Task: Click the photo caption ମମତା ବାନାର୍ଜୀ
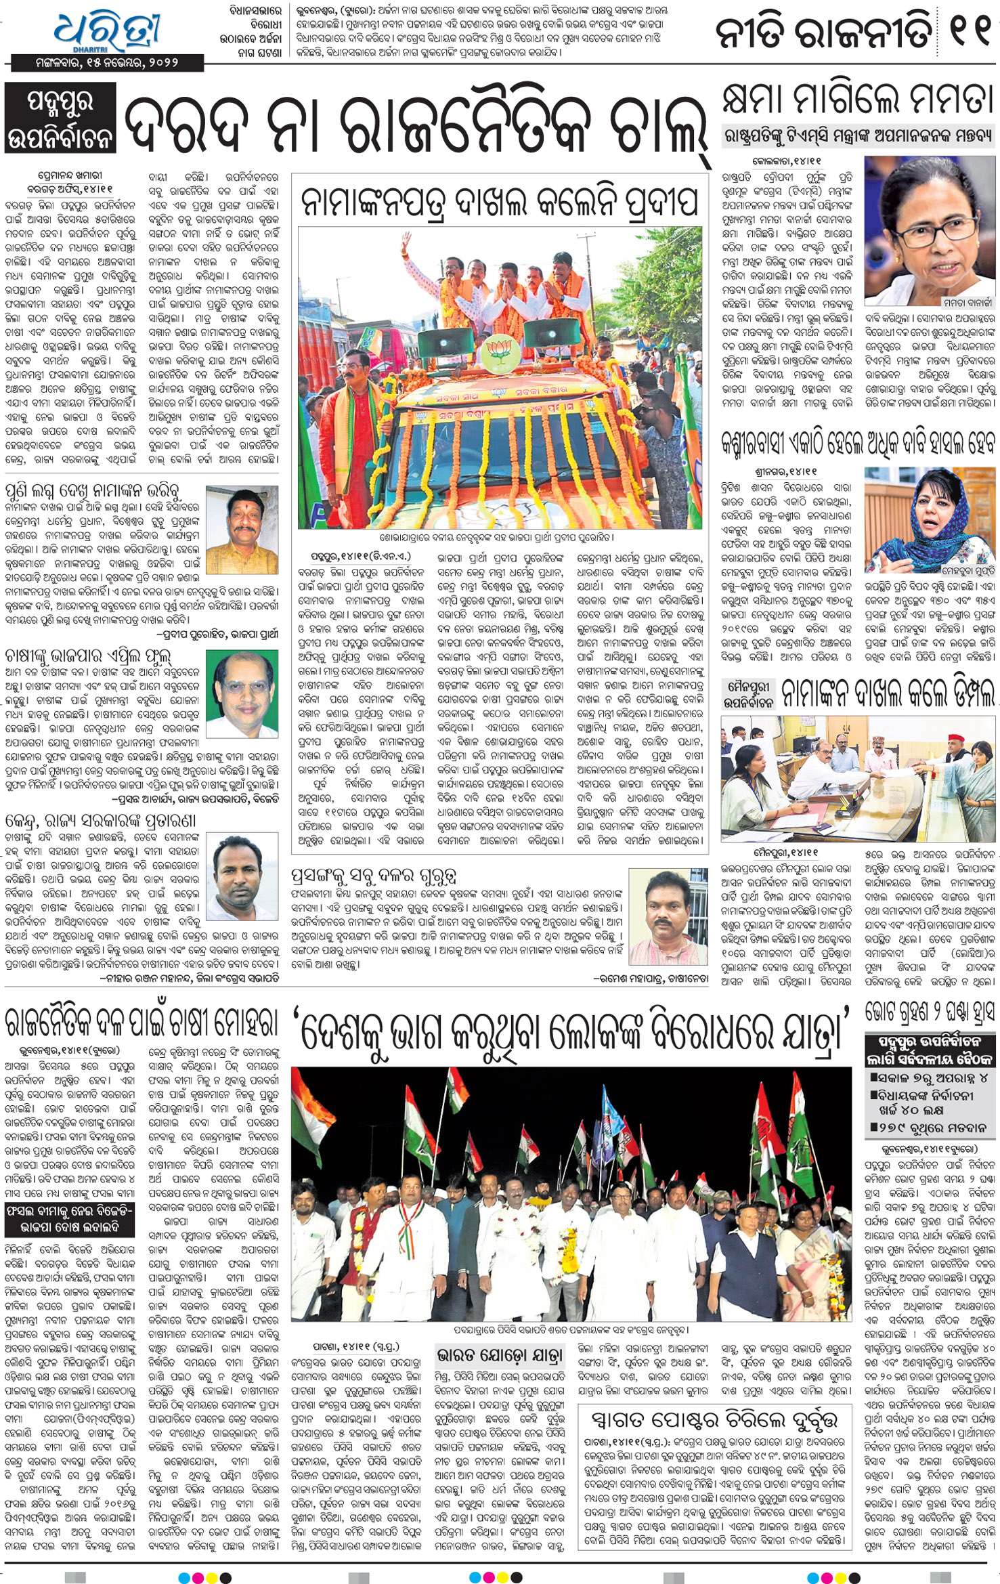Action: point(968,302)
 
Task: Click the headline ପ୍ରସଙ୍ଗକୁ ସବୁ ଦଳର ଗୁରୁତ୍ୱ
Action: point(374,876)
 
